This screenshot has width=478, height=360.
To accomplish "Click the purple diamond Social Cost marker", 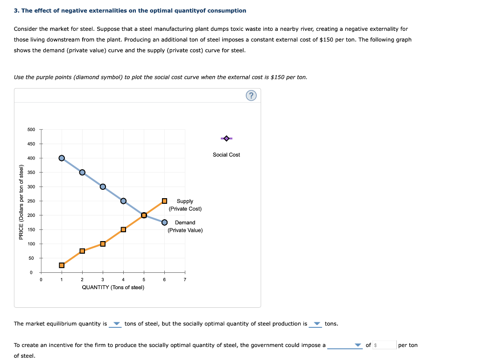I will [x=226, y=138].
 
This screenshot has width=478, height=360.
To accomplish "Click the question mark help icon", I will [x=251, y=96].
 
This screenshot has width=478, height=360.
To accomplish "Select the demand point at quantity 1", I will [x=62, y=158].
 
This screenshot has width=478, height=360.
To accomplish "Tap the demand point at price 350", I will [x=82, y=172].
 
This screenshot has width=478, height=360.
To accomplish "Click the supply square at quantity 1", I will [x=62, y=265].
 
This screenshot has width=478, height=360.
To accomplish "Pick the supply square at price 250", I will [x=164, y=201].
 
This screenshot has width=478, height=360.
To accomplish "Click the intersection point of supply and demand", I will [x=144, y=215].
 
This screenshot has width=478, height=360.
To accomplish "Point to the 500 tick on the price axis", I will [x=32, y=130].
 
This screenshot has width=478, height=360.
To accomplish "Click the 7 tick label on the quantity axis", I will [x=185, y=280].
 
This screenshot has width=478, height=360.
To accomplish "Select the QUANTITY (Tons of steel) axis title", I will [x=113, y=287].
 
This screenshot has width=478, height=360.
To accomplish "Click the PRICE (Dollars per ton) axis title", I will [x=21, y=202].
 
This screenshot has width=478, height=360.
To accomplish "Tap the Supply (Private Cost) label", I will [x=185, y=205].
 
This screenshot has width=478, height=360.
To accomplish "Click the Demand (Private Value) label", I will [x=185, y=226].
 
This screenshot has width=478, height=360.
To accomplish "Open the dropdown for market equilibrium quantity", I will [x=116, y=324].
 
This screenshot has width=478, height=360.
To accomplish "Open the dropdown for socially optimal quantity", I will [x=316, y=324].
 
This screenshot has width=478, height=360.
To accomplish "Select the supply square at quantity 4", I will [x=123, y=229].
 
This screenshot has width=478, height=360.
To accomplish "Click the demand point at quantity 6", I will [x=164, y=222].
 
